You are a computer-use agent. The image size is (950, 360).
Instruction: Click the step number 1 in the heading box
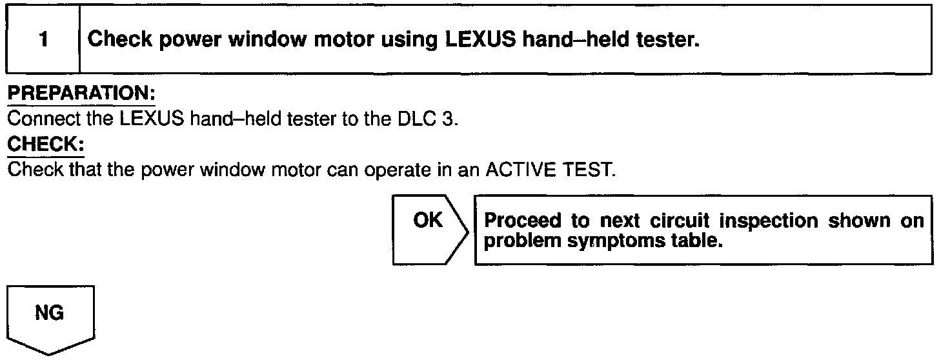[43, 40]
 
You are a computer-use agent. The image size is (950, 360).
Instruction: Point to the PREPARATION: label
[81, 94]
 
